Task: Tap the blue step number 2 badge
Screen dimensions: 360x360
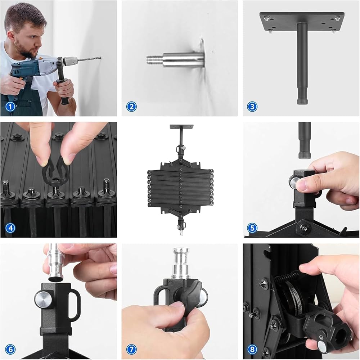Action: (131, 107)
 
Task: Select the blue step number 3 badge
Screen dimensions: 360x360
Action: (252, 107)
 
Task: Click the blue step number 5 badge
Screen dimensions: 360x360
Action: (252, 228)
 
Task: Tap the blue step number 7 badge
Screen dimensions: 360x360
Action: (131, 350)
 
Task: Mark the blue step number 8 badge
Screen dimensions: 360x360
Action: (252, 350)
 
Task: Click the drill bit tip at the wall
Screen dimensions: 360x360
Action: (100, 57)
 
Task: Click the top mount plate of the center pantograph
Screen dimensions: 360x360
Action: (181, 127)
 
